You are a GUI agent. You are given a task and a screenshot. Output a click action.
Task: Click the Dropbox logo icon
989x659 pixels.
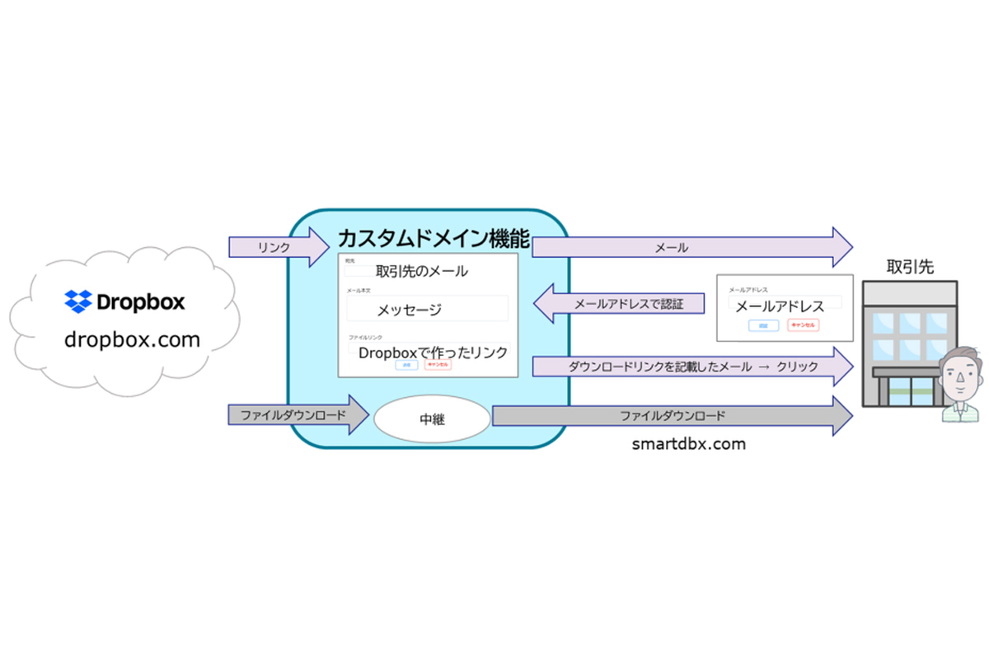pos(78,301)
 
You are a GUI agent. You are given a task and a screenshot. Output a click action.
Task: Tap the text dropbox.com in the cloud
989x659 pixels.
pos(133,339)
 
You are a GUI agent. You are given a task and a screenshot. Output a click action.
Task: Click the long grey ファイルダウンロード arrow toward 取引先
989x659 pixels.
pos(672,416)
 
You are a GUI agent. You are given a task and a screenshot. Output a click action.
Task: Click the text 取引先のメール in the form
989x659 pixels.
pos(421,271)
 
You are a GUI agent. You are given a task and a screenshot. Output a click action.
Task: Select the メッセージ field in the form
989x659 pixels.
pos(427,309)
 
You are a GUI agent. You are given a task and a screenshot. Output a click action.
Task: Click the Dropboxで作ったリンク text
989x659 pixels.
pos(432,351)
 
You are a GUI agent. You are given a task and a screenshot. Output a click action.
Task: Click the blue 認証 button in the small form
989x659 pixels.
pos(762,325)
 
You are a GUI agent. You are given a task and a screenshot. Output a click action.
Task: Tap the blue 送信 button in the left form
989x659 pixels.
pos(406,364)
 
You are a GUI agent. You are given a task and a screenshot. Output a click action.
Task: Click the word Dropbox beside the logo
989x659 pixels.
pos(140,301)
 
